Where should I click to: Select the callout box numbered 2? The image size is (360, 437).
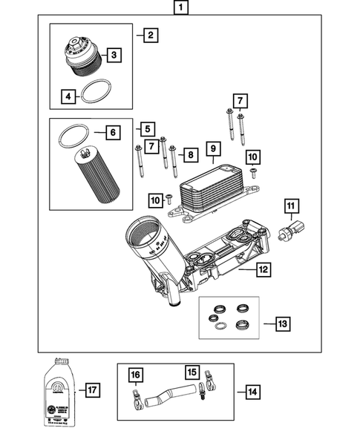click(150, 35)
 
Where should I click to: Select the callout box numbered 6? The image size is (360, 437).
click(112, 133)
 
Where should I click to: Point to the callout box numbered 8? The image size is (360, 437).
click(189, 155)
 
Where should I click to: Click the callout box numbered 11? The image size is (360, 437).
click(293, 206)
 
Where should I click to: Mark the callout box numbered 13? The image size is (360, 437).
click(283, 323)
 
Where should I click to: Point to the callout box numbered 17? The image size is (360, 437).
click(93, 390)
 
